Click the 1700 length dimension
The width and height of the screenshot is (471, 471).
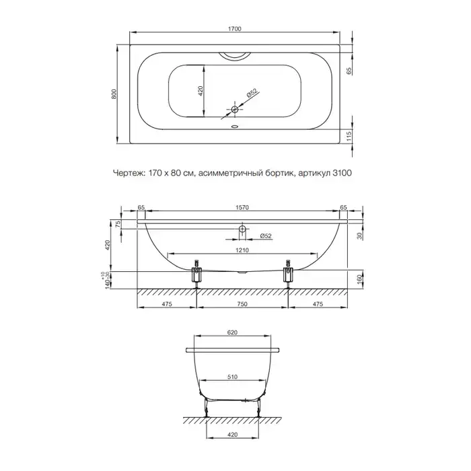[235, 29]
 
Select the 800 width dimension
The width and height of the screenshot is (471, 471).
[114, 94]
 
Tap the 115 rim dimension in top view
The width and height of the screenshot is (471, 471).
[349, 137]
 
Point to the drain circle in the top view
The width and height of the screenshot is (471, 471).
[235, 109]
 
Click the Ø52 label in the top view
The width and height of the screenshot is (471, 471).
[252, 93]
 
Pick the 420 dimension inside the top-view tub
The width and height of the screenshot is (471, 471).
[201, 91]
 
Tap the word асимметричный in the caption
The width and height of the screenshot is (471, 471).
[231, 173]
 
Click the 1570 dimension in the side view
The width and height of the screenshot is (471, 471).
[242, 207]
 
